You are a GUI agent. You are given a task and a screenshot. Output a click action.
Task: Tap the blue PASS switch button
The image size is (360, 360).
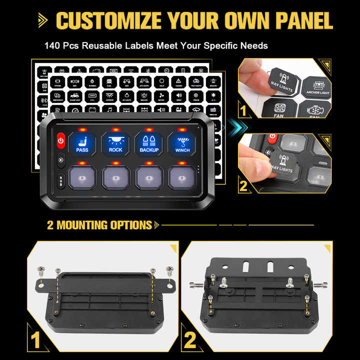tap(82, 143)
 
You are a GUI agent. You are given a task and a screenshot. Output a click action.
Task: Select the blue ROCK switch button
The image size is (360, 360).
tap(115, 143)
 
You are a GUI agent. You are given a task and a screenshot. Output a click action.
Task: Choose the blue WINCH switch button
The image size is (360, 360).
tap(182, 143)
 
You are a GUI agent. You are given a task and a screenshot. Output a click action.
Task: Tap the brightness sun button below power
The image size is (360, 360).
tap(61, 160)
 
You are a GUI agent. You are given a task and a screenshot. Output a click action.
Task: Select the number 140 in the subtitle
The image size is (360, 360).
tap(52, 45)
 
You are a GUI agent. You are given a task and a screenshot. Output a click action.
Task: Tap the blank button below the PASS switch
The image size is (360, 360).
tap(82, 177)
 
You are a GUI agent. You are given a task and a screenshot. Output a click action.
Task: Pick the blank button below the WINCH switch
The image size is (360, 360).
tap(182, 177)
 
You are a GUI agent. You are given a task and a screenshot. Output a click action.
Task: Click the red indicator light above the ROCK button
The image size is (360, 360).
tap(115, 129)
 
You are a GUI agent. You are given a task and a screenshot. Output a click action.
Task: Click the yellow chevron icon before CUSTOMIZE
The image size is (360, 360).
tap(43, 20)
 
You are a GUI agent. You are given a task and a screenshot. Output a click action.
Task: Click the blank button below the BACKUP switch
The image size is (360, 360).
tap(149, 177)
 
